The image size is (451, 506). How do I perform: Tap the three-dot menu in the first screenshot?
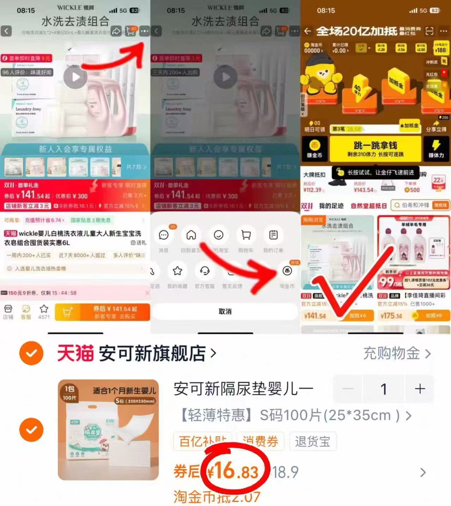point(144,31)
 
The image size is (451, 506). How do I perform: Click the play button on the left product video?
point(75,77)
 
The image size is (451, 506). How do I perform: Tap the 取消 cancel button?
point(225,311)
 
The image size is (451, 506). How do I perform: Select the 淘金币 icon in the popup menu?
point(287,271)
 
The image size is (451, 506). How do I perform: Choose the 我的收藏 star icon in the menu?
point(177,271)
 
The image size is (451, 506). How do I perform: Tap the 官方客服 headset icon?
point(205,271)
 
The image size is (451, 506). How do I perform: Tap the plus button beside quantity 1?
point(420,389)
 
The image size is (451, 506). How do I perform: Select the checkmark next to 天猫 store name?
point(31,353)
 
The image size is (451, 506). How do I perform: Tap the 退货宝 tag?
point(312,441)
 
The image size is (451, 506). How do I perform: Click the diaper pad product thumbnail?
point(108,430)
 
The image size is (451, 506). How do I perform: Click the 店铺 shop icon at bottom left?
point(8,312)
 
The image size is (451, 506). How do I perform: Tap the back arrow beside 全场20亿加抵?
point(307,31)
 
